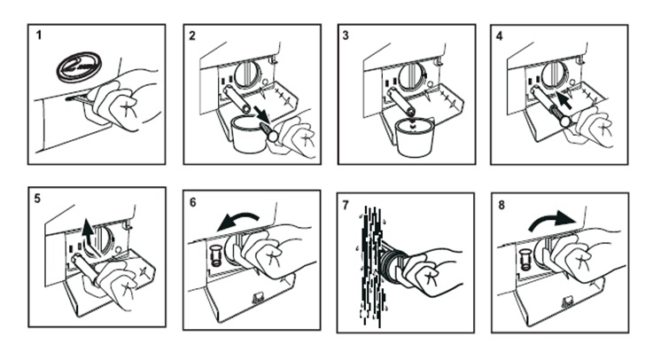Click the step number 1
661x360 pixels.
40,37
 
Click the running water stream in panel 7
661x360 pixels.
376,262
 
